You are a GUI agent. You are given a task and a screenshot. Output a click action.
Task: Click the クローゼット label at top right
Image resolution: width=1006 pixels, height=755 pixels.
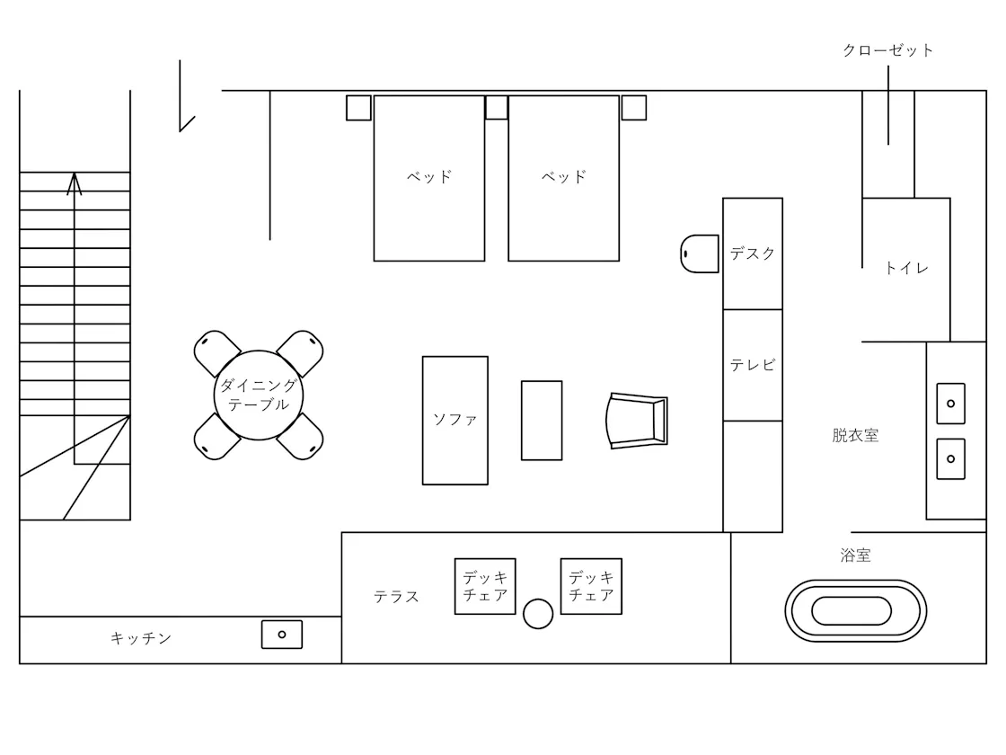[x=888, y=50]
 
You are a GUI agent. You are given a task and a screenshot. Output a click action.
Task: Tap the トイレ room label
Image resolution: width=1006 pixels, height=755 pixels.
[x=906, y=268]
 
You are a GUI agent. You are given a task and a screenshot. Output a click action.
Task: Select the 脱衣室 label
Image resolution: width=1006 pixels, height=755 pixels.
[x=855, y=435]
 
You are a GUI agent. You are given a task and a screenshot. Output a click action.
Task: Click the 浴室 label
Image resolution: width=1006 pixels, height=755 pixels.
[x=855, y=555]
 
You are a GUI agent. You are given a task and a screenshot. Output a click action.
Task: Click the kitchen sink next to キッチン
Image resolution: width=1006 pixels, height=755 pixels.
[x=282, y=635]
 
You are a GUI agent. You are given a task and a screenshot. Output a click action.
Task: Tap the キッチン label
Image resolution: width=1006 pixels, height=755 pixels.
[x=141, y=638]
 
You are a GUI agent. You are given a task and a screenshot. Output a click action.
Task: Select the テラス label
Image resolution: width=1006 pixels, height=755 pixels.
[x=396, y=597]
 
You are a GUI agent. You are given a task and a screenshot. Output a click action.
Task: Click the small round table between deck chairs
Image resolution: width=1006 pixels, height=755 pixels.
[x=538, y=614]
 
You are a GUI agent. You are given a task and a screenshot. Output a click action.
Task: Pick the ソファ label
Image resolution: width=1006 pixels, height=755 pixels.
[x=454, y=420]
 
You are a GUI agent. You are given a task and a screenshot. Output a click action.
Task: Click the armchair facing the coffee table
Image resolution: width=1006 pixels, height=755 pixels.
[x=637, y=421]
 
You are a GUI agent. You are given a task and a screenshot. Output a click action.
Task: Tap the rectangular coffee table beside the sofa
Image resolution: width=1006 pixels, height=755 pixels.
[x=542, y=421]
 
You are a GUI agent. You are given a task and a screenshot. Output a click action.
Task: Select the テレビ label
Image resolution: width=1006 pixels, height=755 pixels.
[x=753, y=365]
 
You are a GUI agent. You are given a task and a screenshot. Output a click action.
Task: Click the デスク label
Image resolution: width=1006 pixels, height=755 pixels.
[x=753, y=253]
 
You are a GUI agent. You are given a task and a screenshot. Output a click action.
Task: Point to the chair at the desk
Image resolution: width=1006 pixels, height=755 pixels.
[x=700, y=253]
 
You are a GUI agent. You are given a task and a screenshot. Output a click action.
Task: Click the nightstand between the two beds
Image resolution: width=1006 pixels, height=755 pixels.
[x=497, y=107]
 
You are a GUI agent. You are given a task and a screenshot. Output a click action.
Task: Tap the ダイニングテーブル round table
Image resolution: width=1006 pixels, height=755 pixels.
[x=259, y=395]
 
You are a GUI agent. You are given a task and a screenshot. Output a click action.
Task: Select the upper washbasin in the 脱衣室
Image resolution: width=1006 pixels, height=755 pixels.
[x=951, y=404]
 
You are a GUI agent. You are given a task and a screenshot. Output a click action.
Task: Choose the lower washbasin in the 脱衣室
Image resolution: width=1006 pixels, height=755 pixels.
[x=951, y=458]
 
